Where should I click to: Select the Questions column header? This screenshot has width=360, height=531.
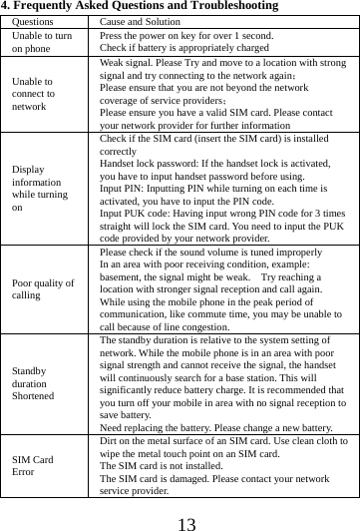[x=34, y=21]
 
